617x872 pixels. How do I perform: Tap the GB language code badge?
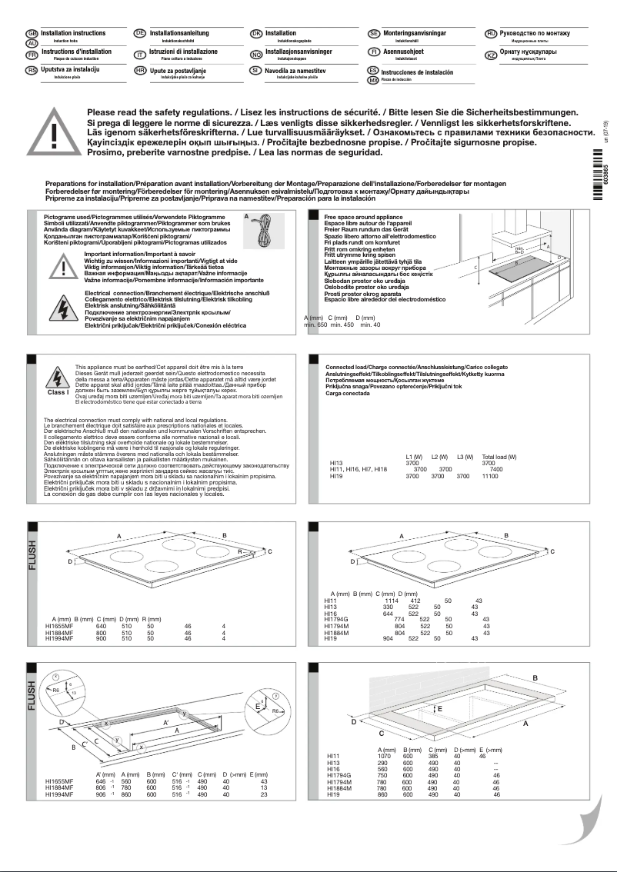click(32, 35)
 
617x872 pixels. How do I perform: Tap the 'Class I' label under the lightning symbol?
click(58, 392)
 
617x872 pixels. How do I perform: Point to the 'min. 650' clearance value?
click(315, 325)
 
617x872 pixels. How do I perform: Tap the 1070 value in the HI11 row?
click(386, 757)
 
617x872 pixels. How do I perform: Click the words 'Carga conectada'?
click(347, 393)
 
